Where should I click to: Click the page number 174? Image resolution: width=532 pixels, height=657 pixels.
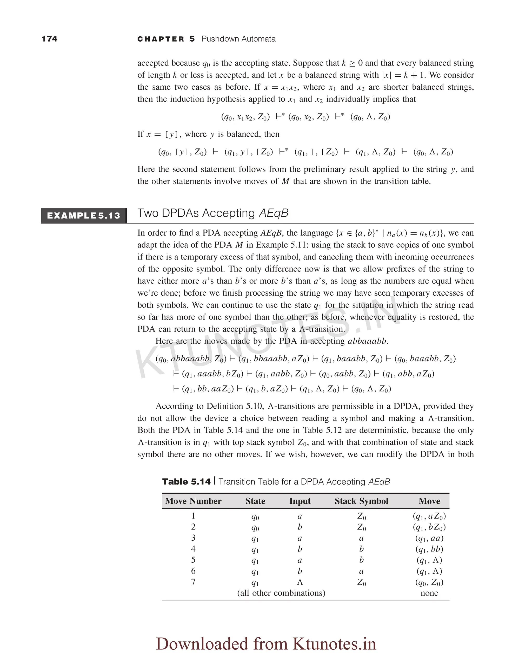(49, 39)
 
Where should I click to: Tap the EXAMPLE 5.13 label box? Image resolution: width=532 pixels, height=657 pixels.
(84, 215)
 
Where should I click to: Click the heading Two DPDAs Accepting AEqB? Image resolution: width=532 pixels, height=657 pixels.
(213, 213)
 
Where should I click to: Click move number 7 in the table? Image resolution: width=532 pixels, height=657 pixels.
(193, 582)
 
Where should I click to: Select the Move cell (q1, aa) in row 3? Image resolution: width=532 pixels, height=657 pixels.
(429, 538)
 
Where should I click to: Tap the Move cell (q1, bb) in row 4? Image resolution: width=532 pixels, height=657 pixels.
(429, 549)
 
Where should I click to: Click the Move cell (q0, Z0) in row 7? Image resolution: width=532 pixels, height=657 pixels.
(429, 582)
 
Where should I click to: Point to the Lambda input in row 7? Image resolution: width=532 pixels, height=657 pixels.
(300, 582)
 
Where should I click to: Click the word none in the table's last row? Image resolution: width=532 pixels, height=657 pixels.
(429, 593)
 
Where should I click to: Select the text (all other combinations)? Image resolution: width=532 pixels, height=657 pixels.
(281, 593)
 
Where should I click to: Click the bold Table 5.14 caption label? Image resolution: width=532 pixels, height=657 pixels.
(186, 482)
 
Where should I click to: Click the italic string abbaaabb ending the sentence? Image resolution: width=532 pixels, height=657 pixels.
(367, 341)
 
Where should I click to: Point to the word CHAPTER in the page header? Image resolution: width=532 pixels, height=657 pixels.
(161, 39)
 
